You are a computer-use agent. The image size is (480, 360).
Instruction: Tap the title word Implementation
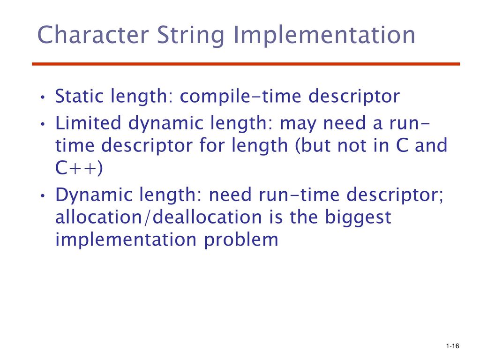point(324,36)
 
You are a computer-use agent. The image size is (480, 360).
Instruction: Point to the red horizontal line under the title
point(246,64)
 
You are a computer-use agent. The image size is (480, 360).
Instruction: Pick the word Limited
point(88,123)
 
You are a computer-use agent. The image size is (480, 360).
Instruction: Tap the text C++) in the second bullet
point(79,167)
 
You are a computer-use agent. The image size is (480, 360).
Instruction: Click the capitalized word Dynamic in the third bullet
point(94,195)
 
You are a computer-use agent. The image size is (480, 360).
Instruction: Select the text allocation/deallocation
point(158,217)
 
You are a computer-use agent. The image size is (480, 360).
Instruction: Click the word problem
point(241,240)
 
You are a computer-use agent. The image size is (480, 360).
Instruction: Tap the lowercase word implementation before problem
point(126,239)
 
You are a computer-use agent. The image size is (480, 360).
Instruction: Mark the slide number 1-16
point(453,346)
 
